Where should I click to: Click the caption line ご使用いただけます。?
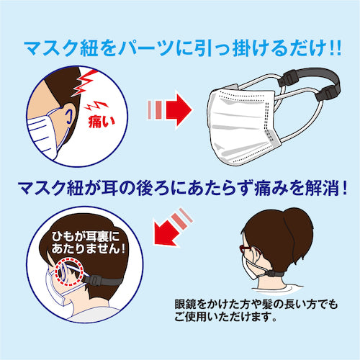233,318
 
